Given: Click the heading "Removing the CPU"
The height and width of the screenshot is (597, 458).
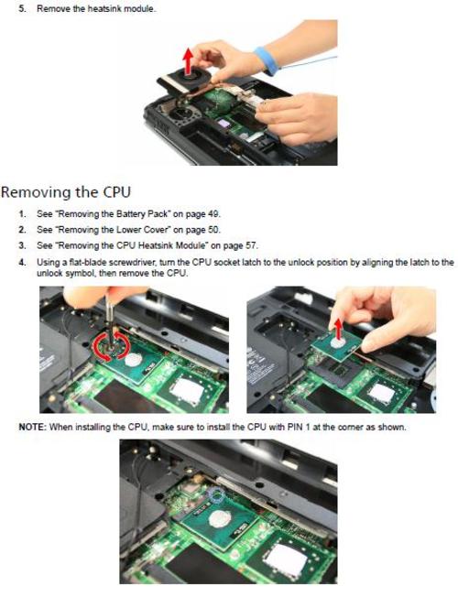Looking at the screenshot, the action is [x=66, y=192].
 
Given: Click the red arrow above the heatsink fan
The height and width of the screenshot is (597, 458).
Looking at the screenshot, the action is [x=188, y=61].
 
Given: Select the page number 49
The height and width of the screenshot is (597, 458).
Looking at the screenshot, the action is [x=213, y=214].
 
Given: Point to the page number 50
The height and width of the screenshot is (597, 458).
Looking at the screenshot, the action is [x=213, y=230].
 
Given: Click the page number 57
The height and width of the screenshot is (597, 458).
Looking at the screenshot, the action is [x=252, y=245].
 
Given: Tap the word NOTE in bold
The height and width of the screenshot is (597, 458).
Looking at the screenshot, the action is [x=32, y=428].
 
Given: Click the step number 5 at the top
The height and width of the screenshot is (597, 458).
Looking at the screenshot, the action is [x=22, y=8].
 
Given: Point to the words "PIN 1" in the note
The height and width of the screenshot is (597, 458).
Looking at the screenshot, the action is [x=298, y=428].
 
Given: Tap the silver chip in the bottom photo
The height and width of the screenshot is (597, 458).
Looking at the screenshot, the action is [x=286, y=559].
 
